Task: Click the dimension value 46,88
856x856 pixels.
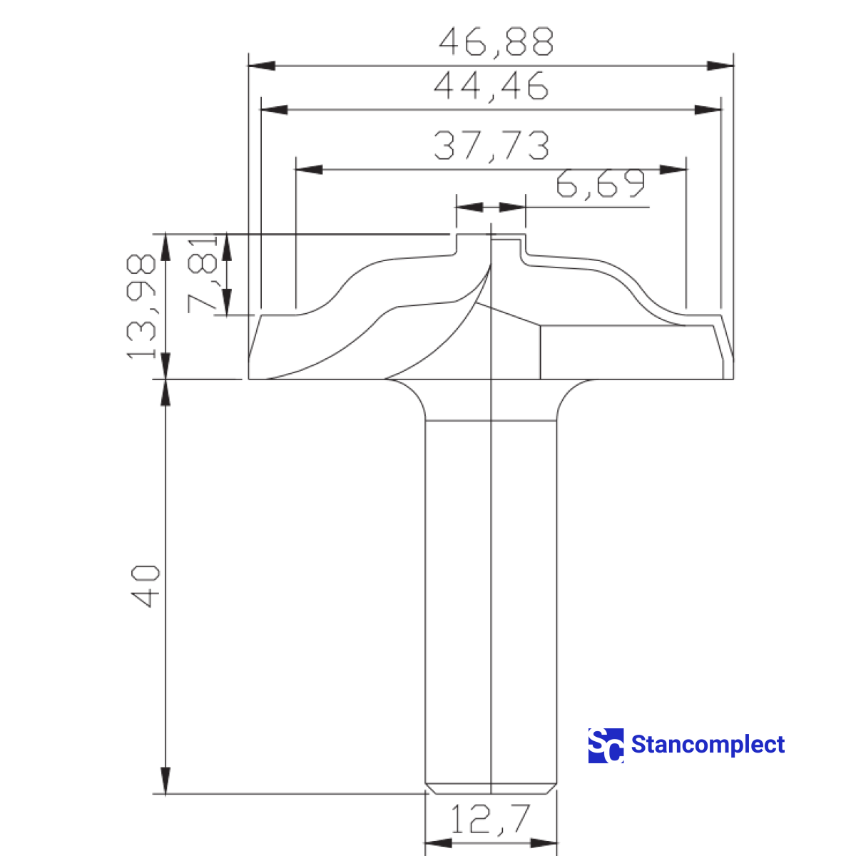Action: click(496, 42)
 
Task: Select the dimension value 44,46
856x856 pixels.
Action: click(491, 86)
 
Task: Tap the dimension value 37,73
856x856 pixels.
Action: click(491, 145)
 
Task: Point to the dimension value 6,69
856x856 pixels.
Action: click(600, 185)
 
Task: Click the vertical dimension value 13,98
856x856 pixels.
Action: click(141, 307)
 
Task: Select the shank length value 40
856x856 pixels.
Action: click(146, 586)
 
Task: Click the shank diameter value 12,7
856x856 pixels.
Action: click(491, 819)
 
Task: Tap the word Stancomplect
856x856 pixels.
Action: click(708, 745)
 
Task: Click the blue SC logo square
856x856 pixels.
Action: click(606, 745)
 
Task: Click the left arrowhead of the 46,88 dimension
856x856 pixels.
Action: click(262, 66)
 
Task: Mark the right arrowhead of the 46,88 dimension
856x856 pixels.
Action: click(720, 66)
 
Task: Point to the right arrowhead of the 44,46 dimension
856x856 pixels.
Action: click(708, 110)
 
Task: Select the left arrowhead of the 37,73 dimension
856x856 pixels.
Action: click(309, 170)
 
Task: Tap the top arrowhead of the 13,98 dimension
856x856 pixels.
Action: click(165, 246)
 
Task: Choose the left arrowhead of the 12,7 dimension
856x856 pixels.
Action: click(439, 843)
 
